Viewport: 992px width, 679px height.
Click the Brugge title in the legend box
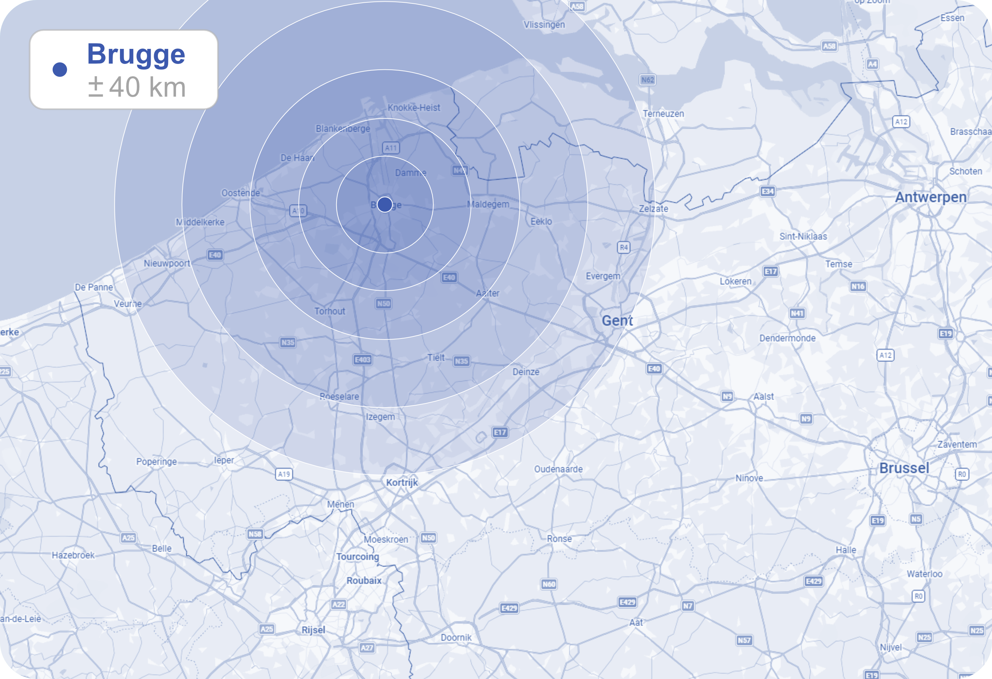tap(136, 54)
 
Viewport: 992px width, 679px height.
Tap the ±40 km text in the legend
tap(137, 87)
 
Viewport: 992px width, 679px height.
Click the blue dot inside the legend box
tap(60, 69)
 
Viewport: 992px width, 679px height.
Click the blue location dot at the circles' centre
tap(384, 204)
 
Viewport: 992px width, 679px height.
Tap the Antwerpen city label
tap(930, 197)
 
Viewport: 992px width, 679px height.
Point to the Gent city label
tap(617, 320)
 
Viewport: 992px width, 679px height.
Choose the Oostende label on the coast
tap(240, 193)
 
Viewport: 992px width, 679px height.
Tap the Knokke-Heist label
tap(413, 108)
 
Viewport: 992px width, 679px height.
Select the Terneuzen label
tap(663, 114)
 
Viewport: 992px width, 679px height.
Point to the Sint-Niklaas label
tap(803, 236)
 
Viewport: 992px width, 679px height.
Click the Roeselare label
tap(339, 396)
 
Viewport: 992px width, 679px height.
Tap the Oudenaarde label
tap(558, 469)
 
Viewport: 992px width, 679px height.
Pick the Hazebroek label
tap(73, 555)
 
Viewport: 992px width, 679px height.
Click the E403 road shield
tap(363, 360)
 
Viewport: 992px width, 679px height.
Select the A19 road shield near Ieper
tap(284, 474)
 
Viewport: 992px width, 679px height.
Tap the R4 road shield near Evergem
tap(624, 247)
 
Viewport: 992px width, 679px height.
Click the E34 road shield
tap(767, 191)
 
